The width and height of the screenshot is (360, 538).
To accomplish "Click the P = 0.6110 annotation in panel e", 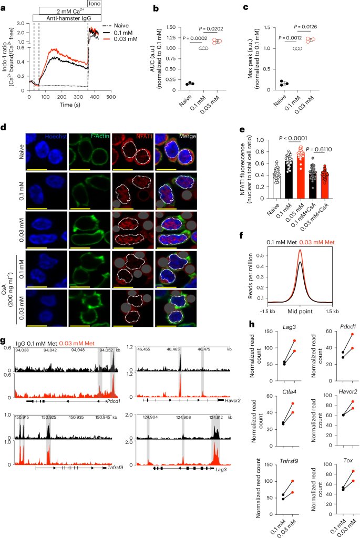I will (x=322, y=149).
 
